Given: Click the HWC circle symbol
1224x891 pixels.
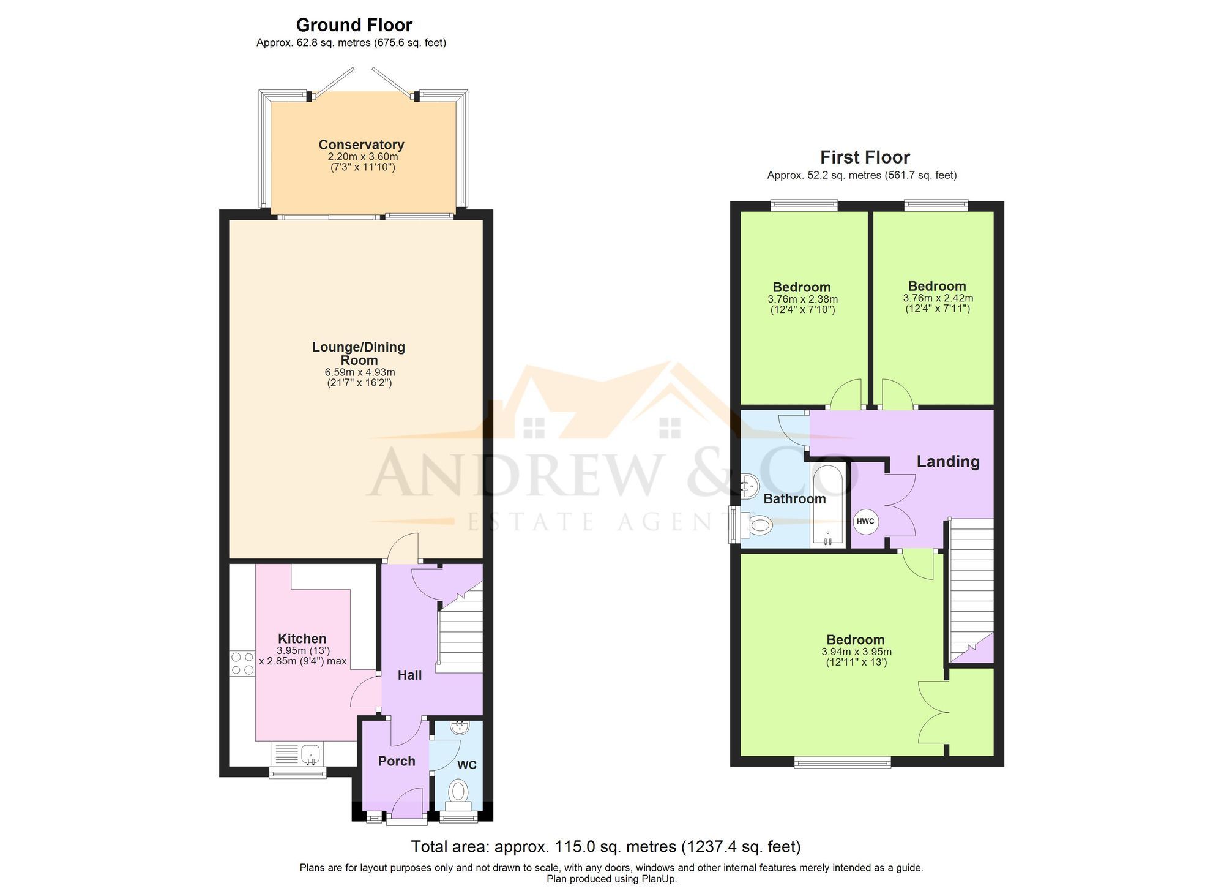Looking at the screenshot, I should click(x=865, y=522).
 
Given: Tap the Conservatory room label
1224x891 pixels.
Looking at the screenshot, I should click(x=361, y=145).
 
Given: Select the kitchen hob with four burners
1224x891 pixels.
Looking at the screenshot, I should click(x=242, y=663).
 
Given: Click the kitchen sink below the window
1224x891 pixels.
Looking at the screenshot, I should click(x=311, y=753).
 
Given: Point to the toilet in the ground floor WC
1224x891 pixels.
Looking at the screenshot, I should click(x=458, y=791).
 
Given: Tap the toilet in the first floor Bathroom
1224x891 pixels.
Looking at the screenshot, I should click(x=759, y=524).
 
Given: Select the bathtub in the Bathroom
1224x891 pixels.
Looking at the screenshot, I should click(x=828, y=506).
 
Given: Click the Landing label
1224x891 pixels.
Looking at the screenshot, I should click(x=947, y=462).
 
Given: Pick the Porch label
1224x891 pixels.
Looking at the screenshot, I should click(x=397, y=761).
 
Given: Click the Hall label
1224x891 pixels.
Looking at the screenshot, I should click(x=409, y=675).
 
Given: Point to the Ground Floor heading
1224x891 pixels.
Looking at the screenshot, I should click(x=354, y=25).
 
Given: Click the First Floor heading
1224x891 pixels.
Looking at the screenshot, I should click(x=864, y=157).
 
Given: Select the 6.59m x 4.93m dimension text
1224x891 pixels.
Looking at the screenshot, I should click(x=359, y=372).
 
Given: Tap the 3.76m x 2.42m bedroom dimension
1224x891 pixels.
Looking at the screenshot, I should click(x=938, y=299).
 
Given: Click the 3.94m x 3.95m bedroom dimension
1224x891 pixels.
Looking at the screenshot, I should click(x=856, y=652).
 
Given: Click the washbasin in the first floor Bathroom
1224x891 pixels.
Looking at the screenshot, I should click(x=749, y=487).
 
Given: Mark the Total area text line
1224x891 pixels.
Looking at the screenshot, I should click(x=605, y=847).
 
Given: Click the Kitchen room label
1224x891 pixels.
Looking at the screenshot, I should click(x=302, y=639).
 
